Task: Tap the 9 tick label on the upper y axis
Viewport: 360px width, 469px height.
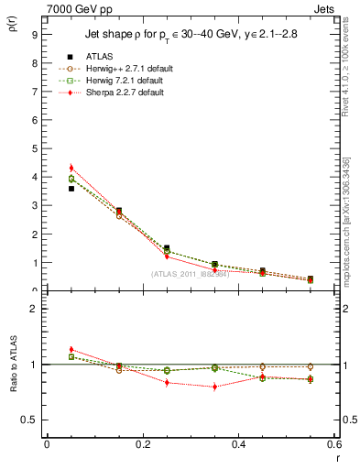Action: [34, 35]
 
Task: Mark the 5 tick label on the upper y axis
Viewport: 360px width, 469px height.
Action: [34, 148]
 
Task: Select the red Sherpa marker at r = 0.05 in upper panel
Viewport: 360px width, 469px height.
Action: [71, 168]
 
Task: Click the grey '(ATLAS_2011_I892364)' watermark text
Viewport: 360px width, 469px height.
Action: [191, 274]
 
